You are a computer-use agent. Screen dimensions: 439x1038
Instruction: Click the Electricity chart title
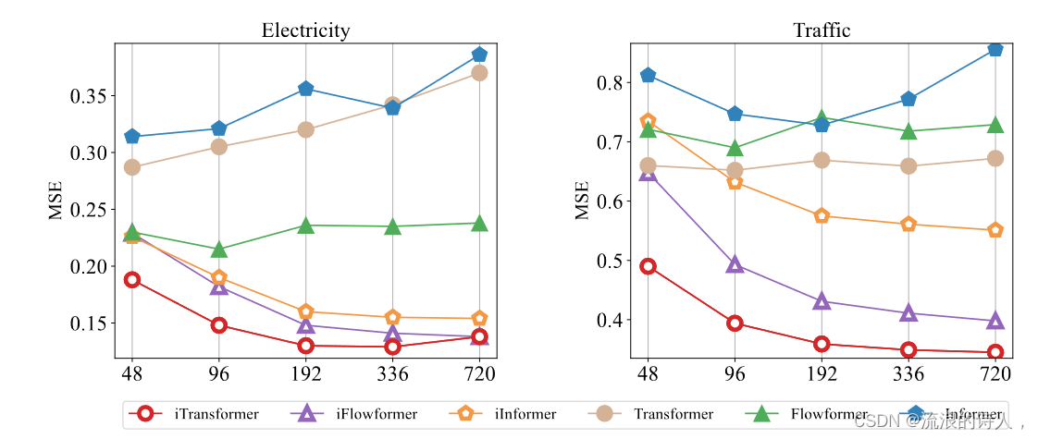[305, 30]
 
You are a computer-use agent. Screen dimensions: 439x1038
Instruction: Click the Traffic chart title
[822, 30]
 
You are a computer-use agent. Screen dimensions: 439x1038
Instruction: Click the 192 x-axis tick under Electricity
[305, 374]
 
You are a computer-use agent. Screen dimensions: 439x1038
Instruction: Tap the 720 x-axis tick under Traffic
[995, 374]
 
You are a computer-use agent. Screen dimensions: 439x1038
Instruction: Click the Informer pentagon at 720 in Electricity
[479, 55]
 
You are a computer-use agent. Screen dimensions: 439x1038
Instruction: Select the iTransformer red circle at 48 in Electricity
[132, 280]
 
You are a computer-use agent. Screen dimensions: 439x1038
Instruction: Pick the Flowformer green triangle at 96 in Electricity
[218, 250]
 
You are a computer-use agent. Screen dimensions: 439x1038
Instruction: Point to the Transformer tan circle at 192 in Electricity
[305, 129]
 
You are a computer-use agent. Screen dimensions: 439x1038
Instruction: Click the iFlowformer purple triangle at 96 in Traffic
[735, 265]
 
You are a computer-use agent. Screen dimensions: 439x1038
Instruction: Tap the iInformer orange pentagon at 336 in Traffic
[908, 224]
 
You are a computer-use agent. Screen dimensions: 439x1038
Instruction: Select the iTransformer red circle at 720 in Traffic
[995, 352]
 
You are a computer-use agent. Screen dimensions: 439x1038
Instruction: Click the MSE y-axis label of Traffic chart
[582, 200]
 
